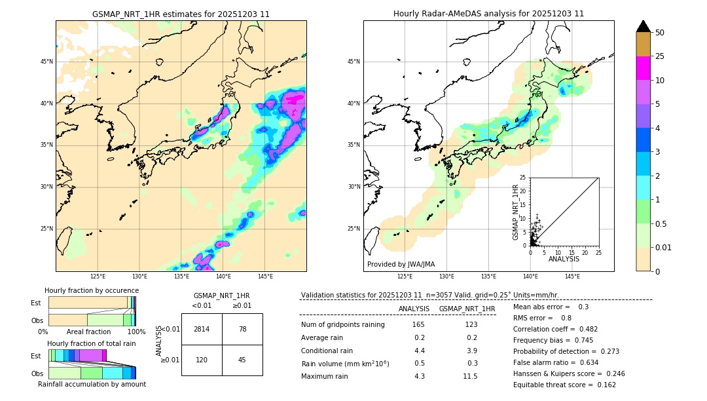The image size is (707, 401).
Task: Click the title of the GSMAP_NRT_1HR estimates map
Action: (181, 14)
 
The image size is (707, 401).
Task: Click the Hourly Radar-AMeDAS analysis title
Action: (488, 14)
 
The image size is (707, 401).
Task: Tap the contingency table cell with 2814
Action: (202, 329)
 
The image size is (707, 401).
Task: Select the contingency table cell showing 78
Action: (242, 329)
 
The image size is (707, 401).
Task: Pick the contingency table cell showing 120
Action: (202, 360)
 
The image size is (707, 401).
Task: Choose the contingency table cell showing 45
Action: (242, 360)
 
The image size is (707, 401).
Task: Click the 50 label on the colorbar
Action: (660, 33)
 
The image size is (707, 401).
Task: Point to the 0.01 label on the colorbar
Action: (664, 247)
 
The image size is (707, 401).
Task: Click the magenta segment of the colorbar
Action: (643, 68)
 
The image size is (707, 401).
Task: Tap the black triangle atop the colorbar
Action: (644, 26)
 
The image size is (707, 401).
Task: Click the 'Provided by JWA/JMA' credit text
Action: (401, 264)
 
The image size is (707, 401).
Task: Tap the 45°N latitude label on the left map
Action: (46, 62)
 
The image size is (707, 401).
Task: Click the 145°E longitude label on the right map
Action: (572, 277)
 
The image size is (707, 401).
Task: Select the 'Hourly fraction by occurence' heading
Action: (92, 290)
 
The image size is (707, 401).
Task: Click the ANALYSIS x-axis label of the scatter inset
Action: (564, 259)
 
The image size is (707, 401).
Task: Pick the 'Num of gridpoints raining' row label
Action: (343, 324)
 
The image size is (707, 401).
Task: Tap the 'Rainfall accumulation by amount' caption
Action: (92, 384)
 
